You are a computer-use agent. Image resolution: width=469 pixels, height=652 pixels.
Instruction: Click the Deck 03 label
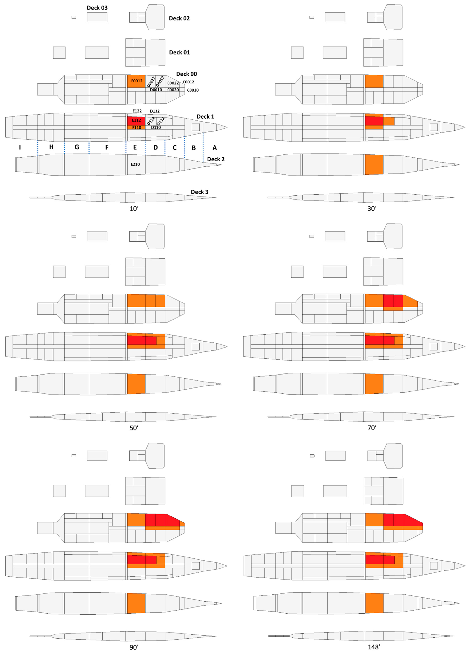tap(97, 8)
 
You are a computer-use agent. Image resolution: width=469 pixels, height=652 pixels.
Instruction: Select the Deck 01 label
tap(179, 52)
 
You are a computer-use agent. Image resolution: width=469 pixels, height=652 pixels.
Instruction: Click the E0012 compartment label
tap(137, 81)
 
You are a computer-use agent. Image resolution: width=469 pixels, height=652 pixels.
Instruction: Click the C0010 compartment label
tap(193, 90)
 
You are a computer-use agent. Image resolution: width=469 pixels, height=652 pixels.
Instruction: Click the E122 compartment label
tap(137, 111)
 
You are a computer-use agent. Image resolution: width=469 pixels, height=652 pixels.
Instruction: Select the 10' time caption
tap(134, 209)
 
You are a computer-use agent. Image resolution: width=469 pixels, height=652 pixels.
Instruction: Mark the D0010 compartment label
tap(156, 90)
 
